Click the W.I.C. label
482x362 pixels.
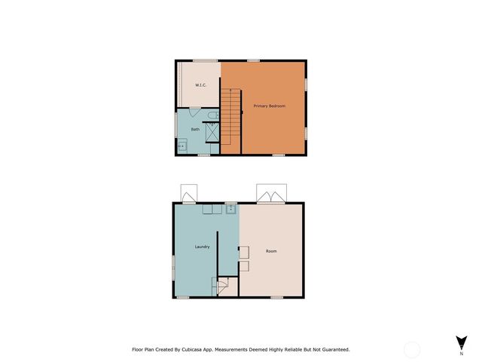pyautogui.click(x=201, y=85)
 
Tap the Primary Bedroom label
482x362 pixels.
pyautogui.click(x=269, y=106)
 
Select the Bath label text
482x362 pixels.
pyautogui.click(x=195, y=129)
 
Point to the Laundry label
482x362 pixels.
pyautogui.click(x=202, y=246)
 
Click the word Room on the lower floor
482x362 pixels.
pyautogui.click(x=271, y=251)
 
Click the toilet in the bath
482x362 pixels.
pyautogui.click(x=212, y=115)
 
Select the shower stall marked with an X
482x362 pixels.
pyautogui.click(x=212, y=132)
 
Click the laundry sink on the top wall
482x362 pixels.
pyautogui.click(x=230, y=209)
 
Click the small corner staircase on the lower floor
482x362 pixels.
pyautogui.click(x=224, y=286)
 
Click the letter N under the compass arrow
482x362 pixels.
pyautogui.click(x=461, y=353)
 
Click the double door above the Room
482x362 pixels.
pyautogui.click(x=271, y=195)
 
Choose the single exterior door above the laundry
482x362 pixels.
pyautogui.click(x=188, y=195)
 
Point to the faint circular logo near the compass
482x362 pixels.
pyautogui.click(x=411, y=349)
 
